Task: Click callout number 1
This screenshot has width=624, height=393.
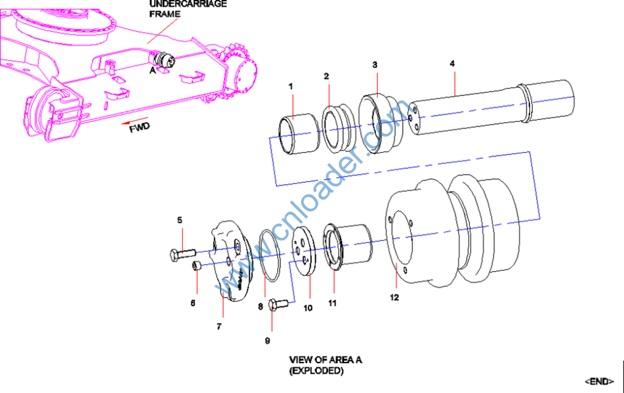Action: pos(291,87)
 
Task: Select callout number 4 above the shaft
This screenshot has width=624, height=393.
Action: pos(452,63)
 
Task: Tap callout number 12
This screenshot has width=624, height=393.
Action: pos(395,297)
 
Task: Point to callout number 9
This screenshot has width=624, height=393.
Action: pos(267,341)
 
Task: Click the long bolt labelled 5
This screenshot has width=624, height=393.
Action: pos(182,252)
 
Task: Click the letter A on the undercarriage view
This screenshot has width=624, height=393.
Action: pos(152,70)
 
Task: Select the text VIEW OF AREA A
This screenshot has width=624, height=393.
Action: pos(325,360)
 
